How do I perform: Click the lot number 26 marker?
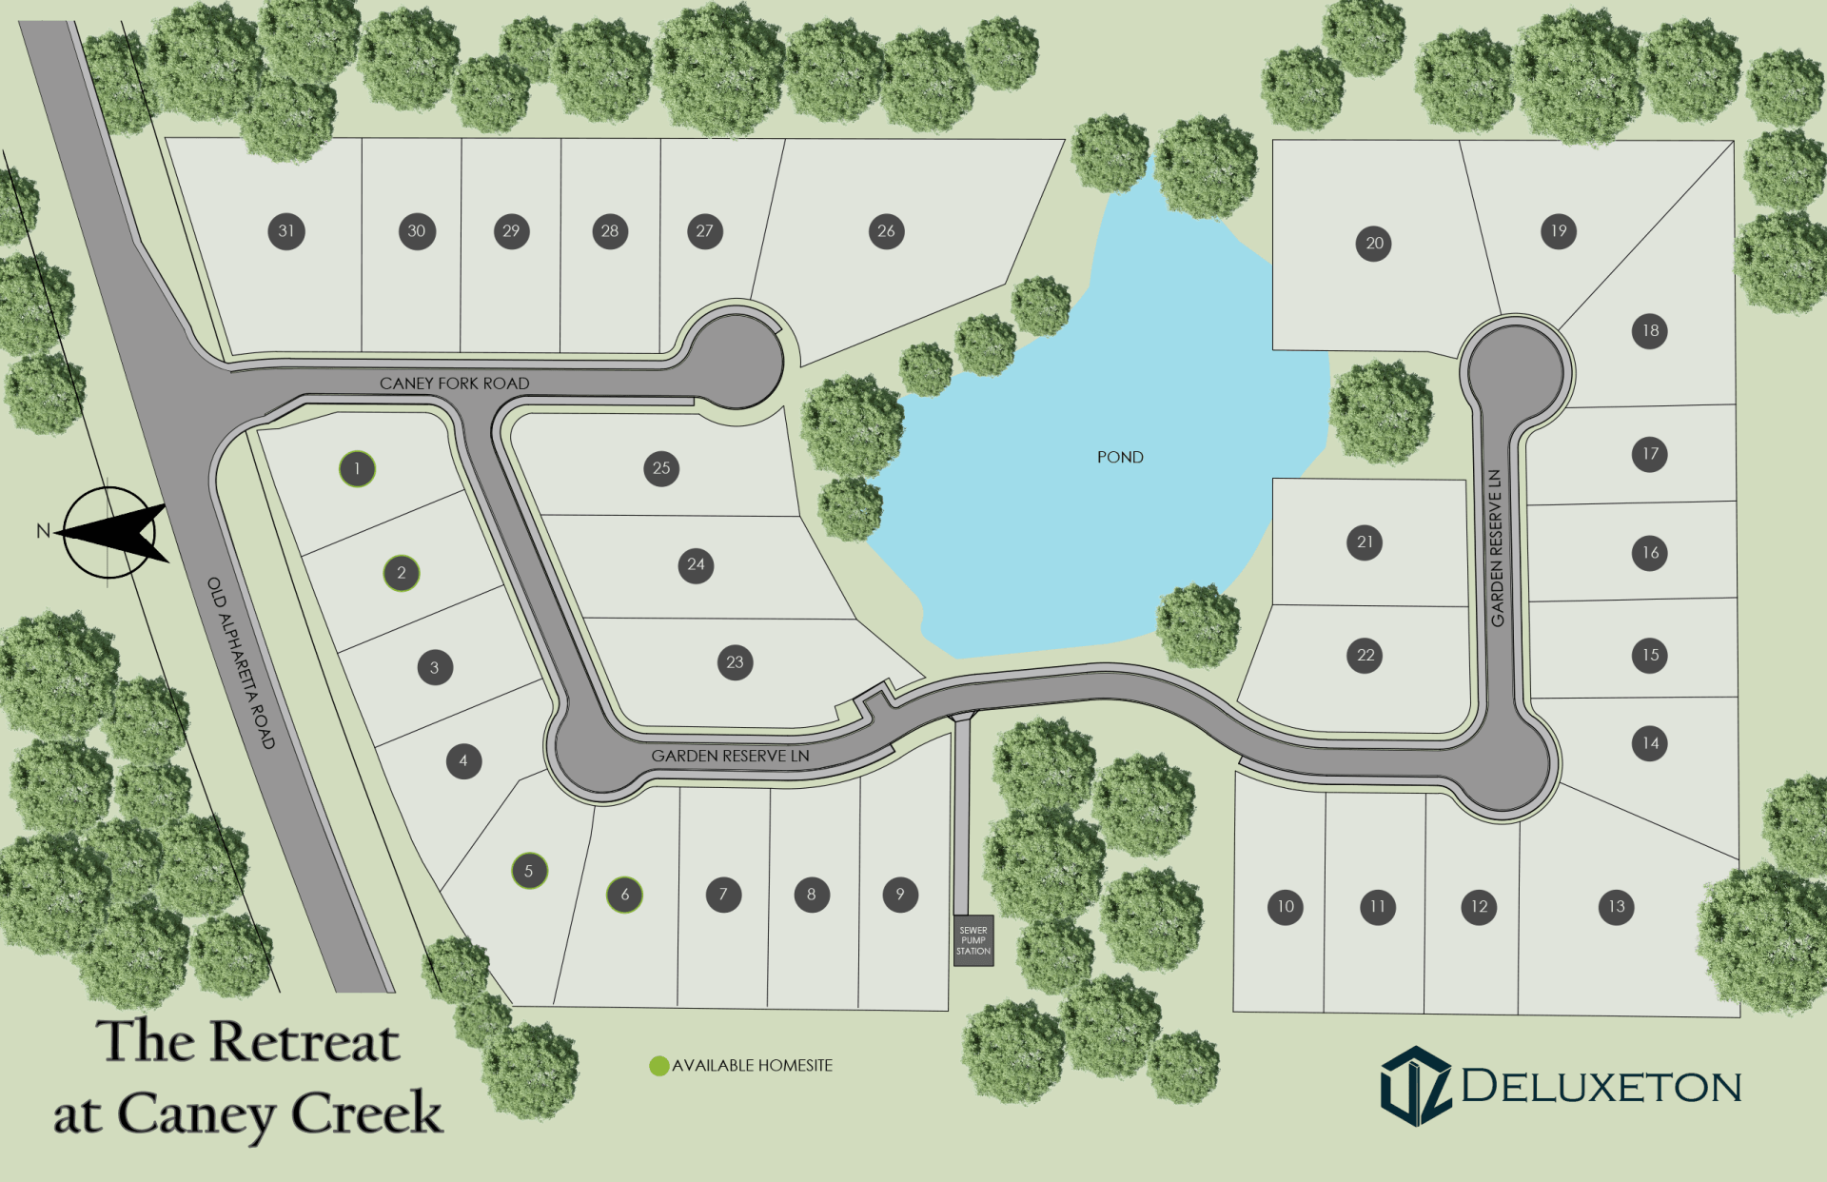(x=886, y=231)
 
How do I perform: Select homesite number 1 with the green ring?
(x=357, y=468)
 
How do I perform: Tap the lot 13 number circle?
(x=1616, y=907)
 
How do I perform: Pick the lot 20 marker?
(x=1373, y=244)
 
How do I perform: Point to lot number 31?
(x=286, y=231)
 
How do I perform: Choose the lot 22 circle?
(x=1365, y=656)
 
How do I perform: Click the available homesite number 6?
(x=624, y=895)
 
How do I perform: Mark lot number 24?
(x=696, y=565)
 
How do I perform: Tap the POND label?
(x=1120, y=457)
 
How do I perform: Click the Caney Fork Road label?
(x=454, y=383)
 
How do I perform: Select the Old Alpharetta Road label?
(x=241, y=662)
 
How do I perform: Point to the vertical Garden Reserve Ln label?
(x=1496, y=548)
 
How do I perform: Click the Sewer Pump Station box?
(x=973, y=940)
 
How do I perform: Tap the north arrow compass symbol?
(x=110, y=531)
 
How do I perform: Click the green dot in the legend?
(x=658, y=1066)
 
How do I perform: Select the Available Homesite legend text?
(x=752, y=1066)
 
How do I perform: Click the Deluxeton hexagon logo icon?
(x=1416, y=1087)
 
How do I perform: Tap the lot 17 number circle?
(x=1649, y=454)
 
